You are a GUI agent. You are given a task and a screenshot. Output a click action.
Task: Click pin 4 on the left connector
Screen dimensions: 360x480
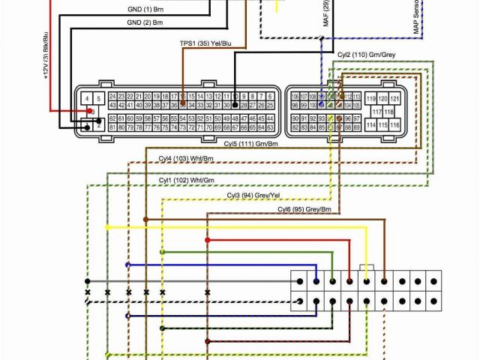[88, 99]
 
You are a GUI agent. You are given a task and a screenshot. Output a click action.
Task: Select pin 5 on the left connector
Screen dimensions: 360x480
[99, 99]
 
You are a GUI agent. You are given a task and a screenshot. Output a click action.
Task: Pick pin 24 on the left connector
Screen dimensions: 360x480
[112, 97]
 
